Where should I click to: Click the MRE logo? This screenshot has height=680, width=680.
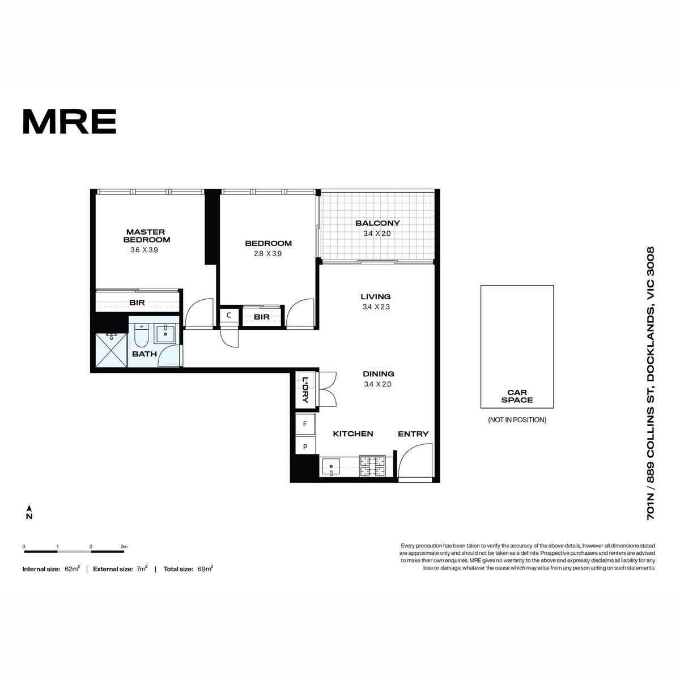pyautogui.click(x=70, y=121)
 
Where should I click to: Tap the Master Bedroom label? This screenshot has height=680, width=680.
pyautogui.click(x=146, y=236)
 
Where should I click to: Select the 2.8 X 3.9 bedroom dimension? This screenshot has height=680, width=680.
pyautogui.click(x=268, y=253)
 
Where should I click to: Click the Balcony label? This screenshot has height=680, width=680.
pyautogui.click(x=377, y=223)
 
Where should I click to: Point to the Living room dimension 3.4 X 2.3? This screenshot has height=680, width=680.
pyautogui.click(x=376, y=307)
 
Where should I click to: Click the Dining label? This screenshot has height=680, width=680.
pyautogui.click(x=379, y=373)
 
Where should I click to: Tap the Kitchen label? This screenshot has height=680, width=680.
pyautogui.click(x=353, y=433)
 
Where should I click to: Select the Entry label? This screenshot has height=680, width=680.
pyautogui.click(x=413, y=433)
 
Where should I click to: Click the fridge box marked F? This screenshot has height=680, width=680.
pyautogui.click(x=305, y=424)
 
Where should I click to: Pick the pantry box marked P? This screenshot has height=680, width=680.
pyautogui.click(x=305, y=447)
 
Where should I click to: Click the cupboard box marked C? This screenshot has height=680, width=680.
pyautogui.click(x=229, y=316)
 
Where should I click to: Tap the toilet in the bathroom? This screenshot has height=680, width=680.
pyautogui.click(x=141, y=335)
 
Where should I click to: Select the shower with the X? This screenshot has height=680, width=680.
pyautogui.click(x=111, y=350)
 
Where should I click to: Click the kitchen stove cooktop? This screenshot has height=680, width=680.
pyautogui.click(x=372, y=466)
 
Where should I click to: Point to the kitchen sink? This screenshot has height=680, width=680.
pyautogui.click(x=330, y=467)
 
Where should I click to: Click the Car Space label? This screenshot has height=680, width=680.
pyautogui.click(x=517, y=396)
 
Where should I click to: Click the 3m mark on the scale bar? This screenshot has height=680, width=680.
pyautogui.click(x=124, y=547)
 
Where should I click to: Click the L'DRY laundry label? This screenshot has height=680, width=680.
pyautogui.click(x=305, y=390)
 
